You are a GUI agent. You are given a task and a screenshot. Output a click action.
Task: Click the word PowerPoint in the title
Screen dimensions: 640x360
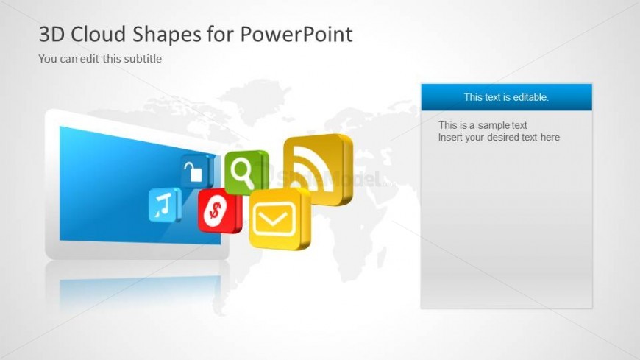296,34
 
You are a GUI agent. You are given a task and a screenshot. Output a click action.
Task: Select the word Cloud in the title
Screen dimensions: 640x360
98,34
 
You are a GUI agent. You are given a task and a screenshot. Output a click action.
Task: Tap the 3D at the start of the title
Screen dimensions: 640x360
51,34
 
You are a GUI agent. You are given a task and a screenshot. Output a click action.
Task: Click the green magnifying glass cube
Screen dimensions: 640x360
246,172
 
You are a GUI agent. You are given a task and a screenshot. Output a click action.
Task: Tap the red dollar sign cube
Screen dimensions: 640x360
219,211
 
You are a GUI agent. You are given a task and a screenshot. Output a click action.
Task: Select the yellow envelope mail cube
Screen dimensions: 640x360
280,219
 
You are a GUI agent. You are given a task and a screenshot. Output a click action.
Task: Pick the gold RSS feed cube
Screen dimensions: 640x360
318,169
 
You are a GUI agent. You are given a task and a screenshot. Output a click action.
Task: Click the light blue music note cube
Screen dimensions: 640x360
165,205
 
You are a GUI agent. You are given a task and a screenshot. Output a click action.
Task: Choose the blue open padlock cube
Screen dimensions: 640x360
197,172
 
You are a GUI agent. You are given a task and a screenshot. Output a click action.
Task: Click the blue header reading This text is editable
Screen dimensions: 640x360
507,97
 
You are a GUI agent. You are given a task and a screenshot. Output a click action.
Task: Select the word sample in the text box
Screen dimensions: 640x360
492,125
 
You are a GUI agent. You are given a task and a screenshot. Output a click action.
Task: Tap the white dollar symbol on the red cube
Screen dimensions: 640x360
215,211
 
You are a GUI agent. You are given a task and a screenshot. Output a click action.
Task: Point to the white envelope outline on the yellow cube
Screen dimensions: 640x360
274,219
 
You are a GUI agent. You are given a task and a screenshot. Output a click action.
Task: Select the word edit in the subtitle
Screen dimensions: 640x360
90,59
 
